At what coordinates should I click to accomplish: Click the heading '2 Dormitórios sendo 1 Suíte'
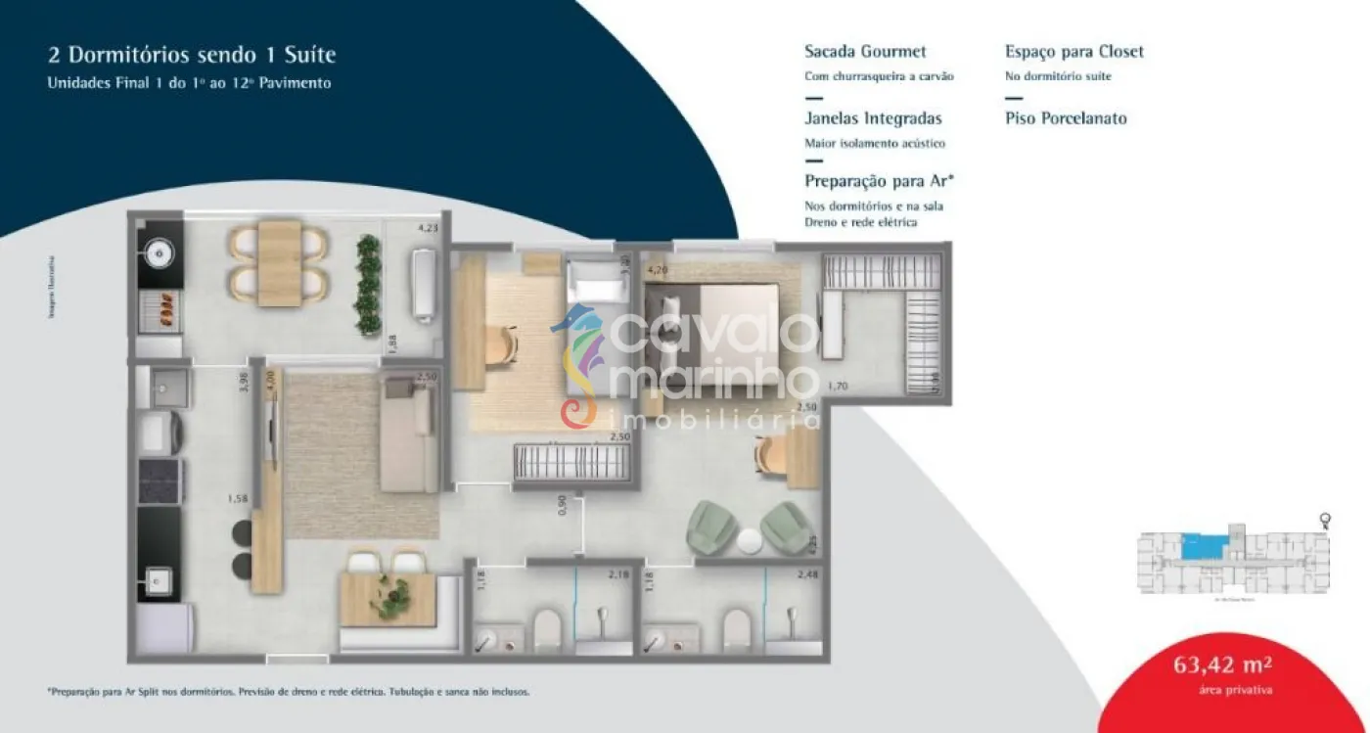coord(192,56)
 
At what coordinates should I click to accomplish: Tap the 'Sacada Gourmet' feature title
coord(864,52)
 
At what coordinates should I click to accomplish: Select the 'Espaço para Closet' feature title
coord(1073,52)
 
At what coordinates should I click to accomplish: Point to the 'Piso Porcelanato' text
coord(1066,118)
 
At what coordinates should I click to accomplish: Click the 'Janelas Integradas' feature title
coord(873,118)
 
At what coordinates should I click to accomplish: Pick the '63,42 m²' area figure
coord(1222,667)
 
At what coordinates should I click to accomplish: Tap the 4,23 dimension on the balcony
coord(428,229)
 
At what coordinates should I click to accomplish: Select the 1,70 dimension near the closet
coord(838,387)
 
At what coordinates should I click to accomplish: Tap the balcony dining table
coord(280,263)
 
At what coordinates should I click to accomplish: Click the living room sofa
coord(411,435)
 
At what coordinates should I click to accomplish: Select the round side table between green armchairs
coord(751,540)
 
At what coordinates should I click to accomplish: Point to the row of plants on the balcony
coord(368,285)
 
